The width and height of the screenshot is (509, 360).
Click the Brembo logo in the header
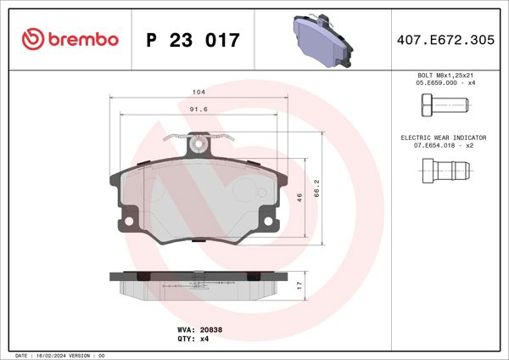(69, 40)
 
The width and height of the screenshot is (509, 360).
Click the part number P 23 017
(193, 40)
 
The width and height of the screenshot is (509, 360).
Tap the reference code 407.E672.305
(445, 40)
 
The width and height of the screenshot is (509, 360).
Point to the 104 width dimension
(199, 92)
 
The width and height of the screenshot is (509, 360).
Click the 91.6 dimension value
(199, 109)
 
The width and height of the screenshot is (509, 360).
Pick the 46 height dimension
(299, 196)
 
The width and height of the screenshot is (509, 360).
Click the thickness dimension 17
(299, 286)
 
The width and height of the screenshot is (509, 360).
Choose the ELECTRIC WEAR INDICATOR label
(445, 137)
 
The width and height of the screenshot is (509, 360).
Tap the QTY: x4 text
(191, 338)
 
